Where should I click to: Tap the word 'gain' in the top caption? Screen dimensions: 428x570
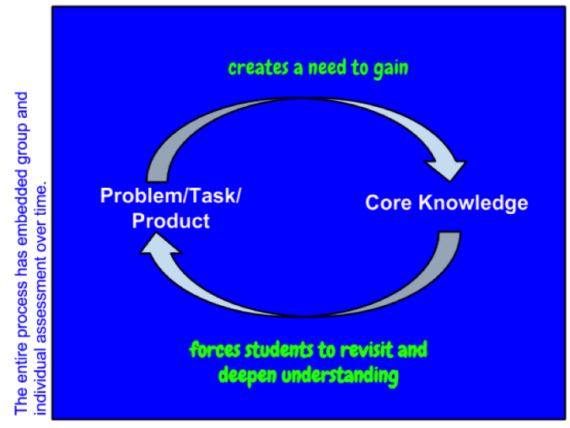390,69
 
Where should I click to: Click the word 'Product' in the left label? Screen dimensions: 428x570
171,221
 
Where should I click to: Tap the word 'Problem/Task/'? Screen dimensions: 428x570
170,196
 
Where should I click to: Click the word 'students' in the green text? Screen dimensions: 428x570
278,350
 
